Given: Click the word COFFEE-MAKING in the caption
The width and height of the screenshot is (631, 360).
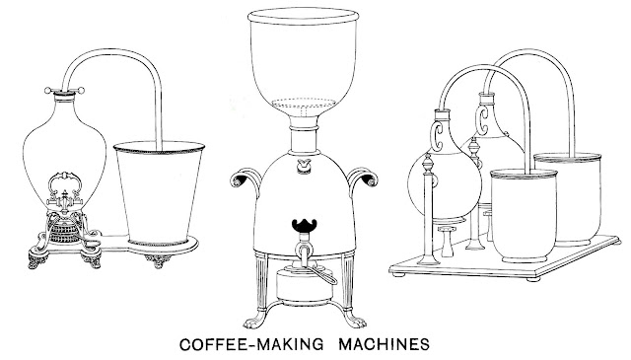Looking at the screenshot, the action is (x=251, y=344).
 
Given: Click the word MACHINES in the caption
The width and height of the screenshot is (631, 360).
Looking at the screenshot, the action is (x=384, y=344).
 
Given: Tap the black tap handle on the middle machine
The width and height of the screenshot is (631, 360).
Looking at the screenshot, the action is (x=305, y=226).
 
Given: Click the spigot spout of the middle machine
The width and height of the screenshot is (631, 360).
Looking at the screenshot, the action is (x=303, y=251).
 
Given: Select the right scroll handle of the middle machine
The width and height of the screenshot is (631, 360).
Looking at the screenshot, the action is (x=363, y=179).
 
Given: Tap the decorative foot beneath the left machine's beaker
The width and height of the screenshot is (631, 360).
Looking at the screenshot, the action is (x=158, y=260).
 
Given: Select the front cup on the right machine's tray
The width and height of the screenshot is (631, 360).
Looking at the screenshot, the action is (x=524, y=215).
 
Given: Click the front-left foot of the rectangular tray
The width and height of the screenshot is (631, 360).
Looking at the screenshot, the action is (x=398, y=274).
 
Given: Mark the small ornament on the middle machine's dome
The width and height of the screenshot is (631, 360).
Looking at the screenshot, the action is (x=305, y=166).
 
